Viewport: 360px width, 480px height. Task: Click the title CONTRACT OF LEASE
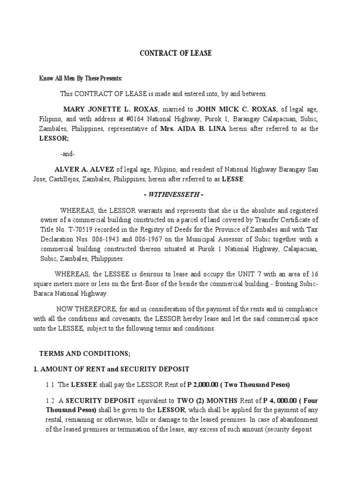[176, 53]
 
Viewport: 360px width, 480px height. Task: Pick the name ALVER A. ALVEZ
[84, 169]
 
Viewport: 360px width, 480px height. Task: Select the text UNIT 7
[219, 274]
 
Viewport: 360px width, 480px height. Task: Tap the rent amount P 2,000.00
[203, 385]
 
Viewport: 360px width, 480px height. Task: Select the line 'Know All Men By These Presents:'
[80, 78]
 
